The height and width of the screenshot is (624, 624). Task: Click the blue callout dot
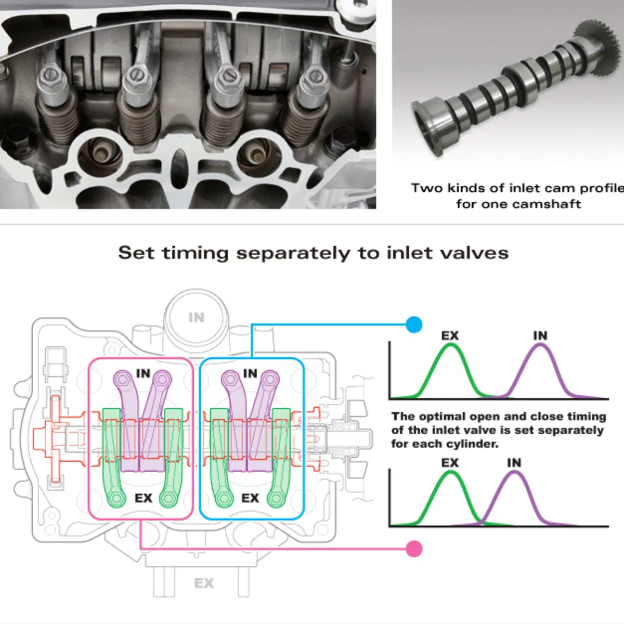(x=414, y=324)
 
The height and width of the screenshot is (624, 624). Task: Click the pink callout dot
(x=414, y=549)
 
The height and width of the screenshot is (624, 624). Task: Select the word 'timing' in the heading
(x=196, y=253)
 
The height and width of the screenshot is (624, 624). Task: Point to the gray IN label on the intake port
(x=197, y=317)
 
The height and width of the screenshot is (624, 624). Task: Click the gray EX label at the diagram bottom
(x=204, y=583)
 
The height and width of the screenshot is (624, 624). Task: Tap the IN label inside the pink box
(x=143, y=373)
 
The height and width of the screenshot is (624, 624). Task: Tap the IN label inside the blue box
(x=250, y=373)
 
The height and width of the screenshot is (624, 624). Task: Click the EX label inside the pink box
(x=144, y=498)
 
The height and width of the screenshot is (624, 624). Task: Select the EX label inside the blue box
(x=250, y=498)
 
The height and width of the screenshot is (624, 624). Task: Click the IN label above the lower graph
(x=514, y=463)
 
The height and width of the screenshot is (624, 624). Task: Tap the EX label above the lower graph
(x=450, y=463)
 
